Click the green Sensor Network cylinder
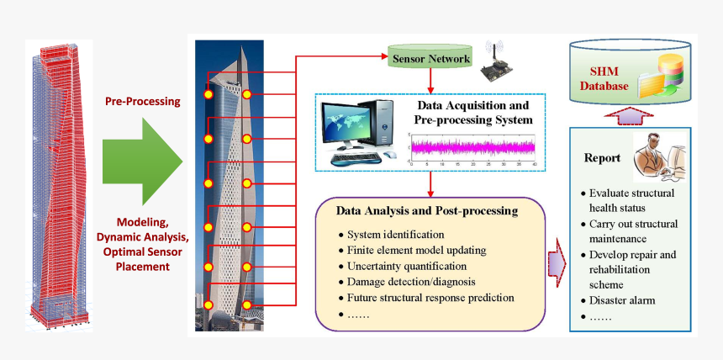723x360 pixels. [430, 60]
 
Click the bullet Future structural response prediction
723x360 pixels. [430, 298]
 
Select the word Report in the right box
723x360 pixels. [602, 158]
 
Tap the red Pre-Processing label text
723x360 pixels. [142, 102]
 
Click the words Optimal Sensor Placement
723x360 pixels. [141, 259]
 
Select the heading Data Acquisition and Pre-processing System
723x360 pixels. [473, 113]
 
